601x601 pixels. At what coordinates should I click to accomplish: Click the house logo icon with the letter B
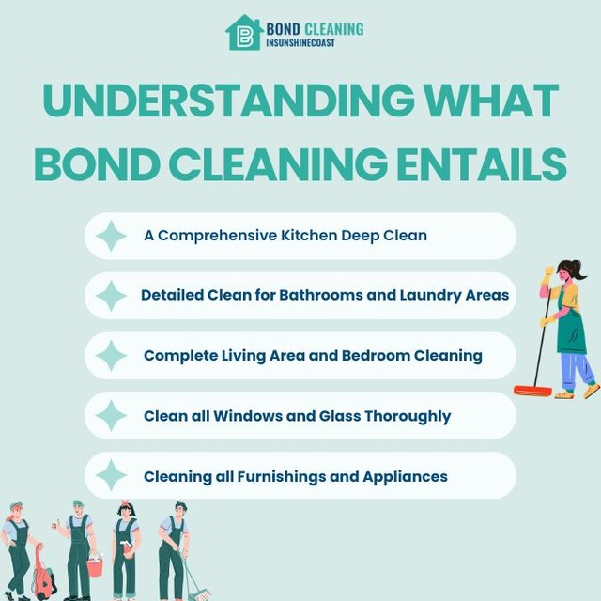(x=244, y=33)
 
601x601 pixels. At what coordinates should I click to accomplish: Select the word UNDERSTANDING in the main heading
(x=217, y=101)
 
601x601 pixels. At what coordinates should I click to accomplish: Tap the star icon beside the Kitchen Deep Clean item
(x=111, y=236)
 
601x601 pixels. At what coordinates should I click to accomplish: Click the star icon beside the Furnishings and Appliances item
(x=111, y=476)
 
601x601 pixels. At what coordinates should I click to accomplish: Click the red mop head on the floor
(x=532, y=390)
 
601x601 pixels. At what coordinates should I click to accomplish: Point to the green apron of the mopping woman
(x=570, y=329)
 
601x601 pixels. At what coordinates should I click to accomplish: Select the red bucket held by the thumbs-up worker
(x=94, y=566)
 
